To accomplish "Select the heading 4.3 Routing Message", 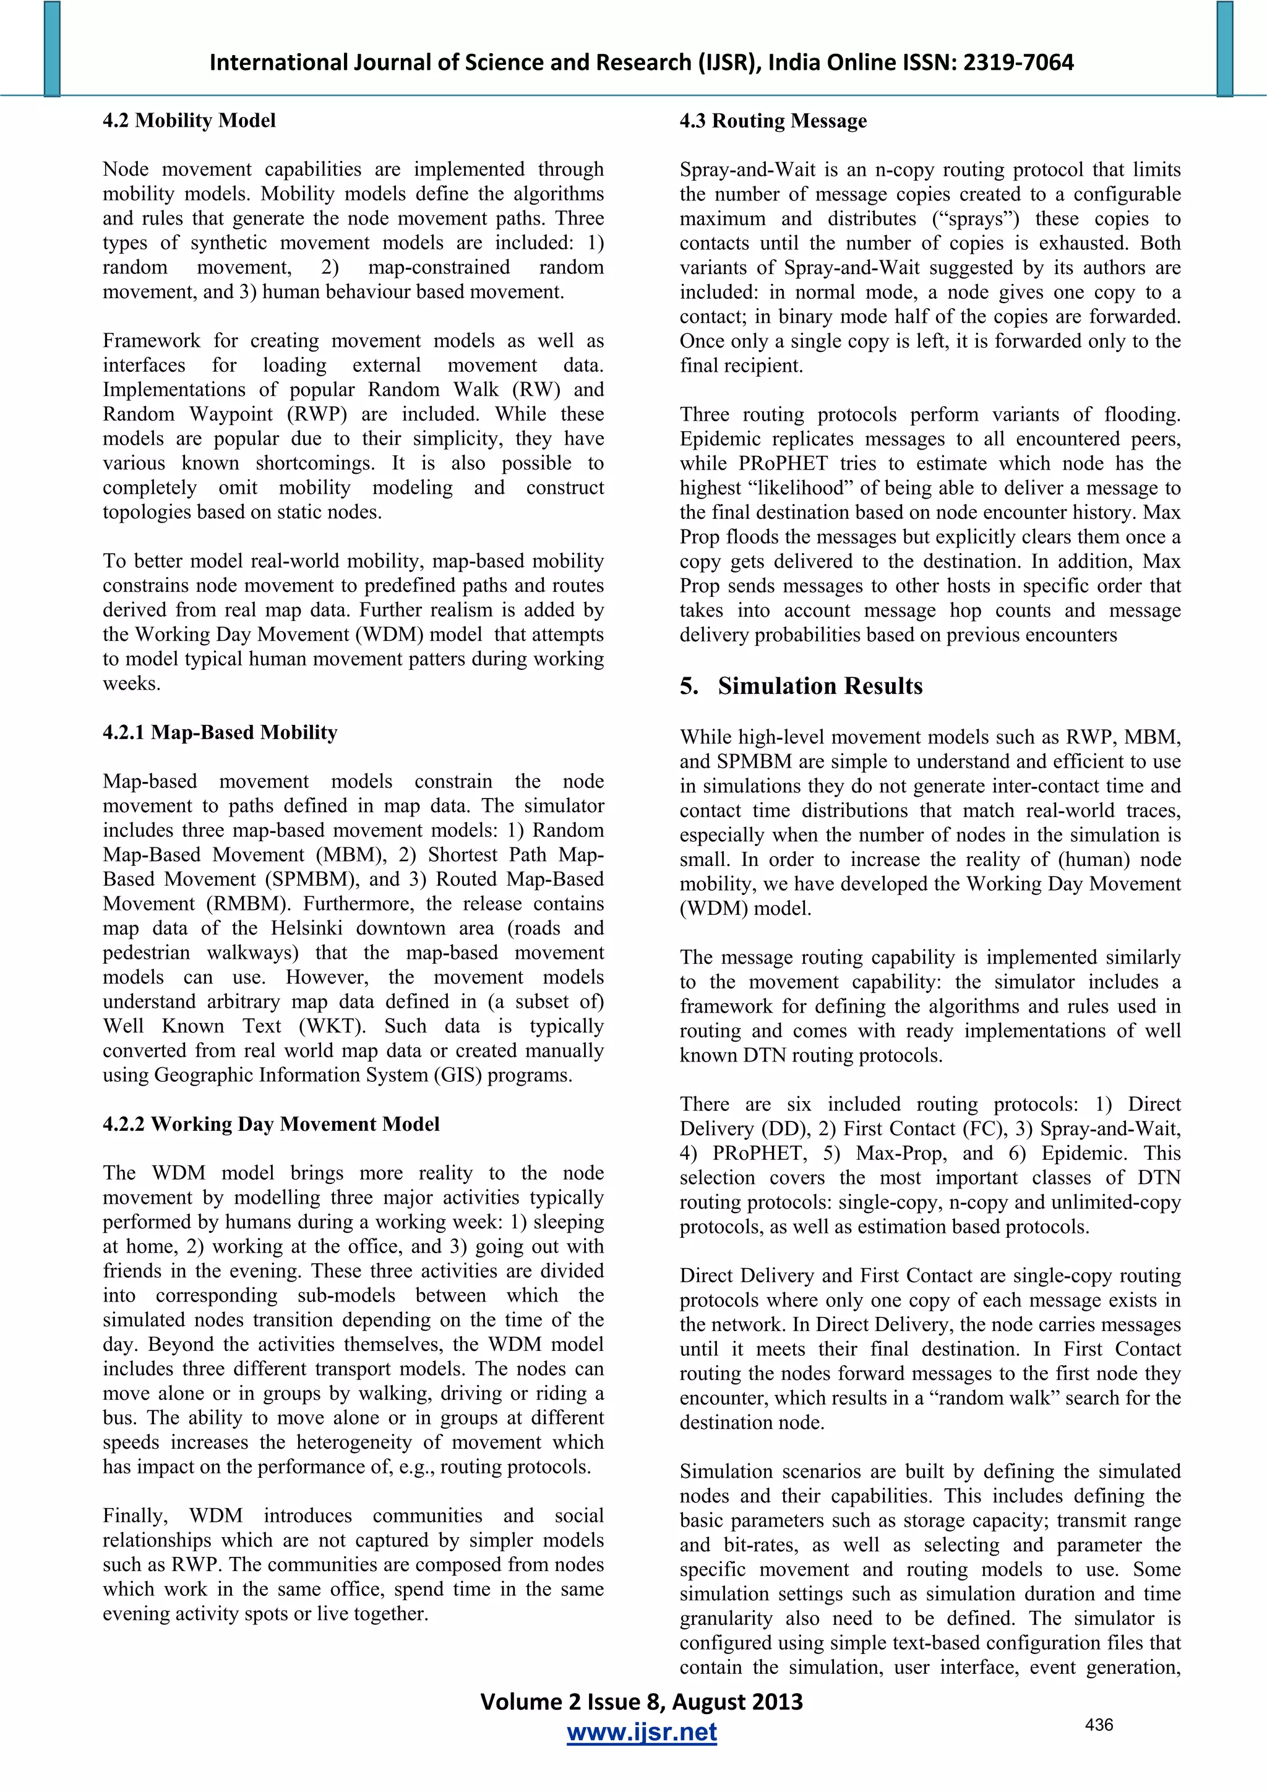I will (773, 121).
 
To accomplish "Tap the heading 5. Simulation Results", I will (801, 686).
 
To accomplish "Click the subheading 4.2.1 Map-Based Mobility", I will (220, 732).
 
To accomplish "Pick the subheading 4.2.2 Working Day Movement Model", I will (271, 1124).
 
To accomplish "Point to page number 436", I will (1098, 1725).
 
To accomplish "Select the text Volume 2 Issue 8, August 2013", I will (641, 1702).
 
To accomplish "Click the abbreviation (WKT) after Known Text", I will (333, 1026).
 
